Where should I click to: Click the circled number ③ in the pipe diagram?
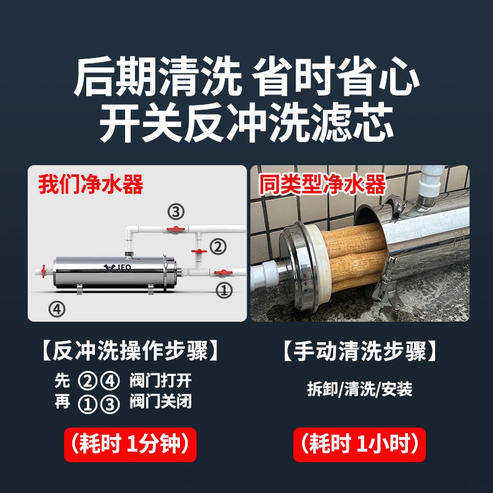pyautogui.click(x=176, y=212)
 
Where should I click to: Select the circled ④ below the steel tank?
pyautogui.click(x=56, y=308)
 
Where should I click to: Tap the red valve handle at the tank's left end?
pyautogui.click(x=44, y=270)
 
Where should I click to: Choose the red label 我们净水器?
pyautogui.click(x=91, y=184)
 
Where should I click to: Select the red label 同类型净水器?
pyautogui.click(x=322, y=184)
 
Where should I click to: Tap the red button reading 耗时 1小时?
pyautogui.click(x=361, y=444)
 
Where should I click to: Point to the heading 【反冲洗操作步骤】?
pyautogui.click(x=130, y=352)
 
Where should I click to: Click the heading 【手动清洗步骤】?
pyautogui.click(x=361, y=352)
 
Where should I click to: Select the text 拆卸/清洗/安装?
pyautogui.click(x=360, y=389)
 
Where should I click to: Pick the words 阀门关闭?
pyautogui.click(x=161, y=402)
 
